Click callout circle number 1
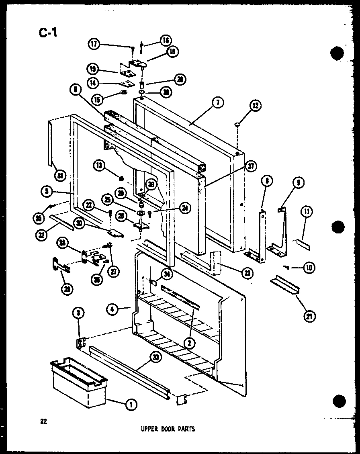[130, 405]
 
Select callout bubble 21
[309, 316]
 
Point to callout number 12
[255, 106]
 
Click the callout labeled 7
[217, 103]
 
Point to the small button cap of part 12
[237, 125]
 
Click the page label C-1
[48, 32]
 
